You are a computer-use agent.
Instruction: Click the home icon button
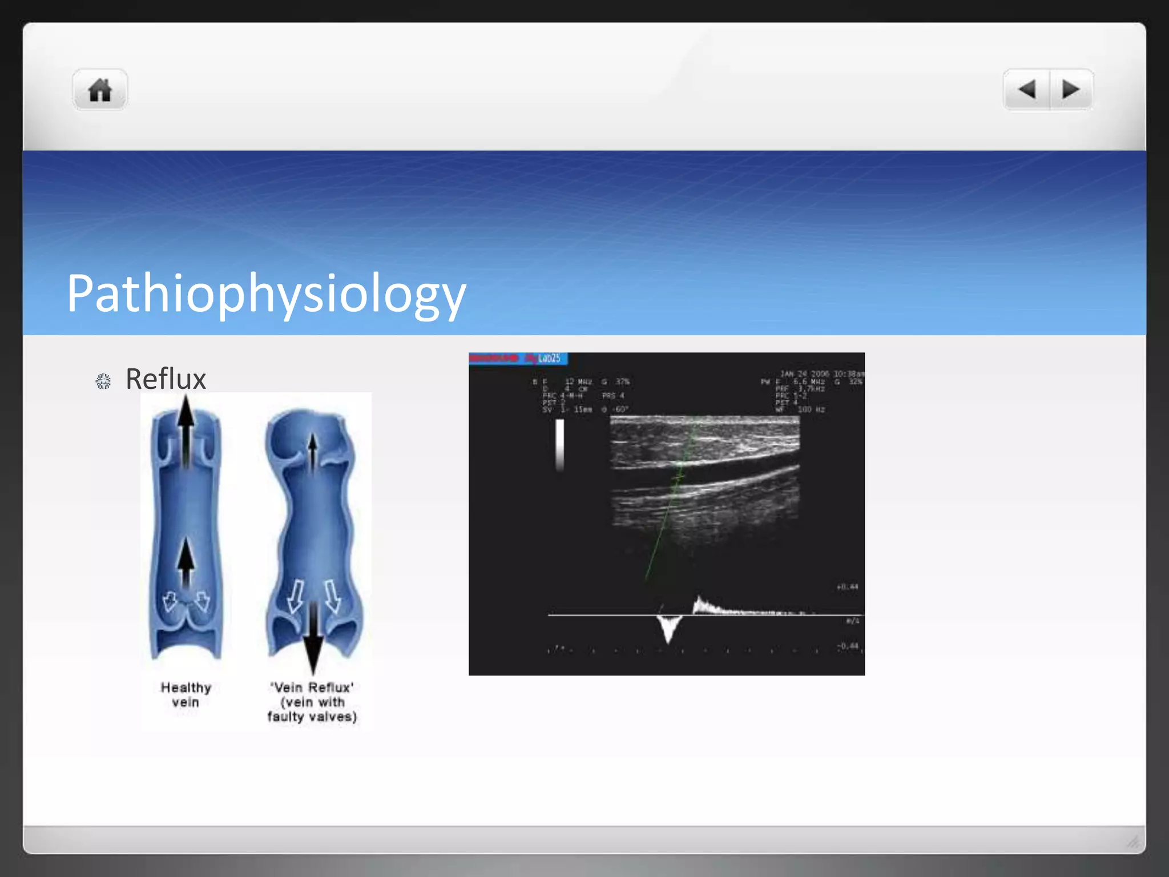pos(100,90)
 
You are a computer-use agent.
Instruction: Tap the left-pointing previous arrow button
pos(1027,90)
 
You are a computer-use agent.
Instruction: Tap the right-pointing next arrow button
pos(1071,90)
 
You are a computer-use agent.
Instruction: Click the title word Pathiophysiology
pos(266,293)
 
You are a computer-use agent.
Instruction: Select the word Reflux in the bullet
pos(166,379)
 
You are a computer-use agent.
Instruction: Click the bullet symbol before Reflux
pos(103,381)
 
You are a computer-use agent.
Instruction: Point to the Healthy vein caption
pos(186,694)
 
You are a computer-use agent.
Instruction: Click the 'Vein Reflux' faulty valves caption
pos(312,702)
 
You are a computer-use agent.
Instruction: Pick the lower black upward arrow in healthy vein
pos(186,562)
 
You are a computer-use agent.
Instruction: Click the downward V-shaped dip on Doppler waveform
pos(668,628)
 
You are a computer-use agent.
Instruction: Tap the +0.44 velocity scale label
pos(847,587)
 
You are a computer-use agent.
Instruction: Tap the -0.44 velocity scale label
pos(847,646)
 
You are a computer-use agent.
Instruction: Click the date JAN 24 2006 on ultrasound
pos(805,374)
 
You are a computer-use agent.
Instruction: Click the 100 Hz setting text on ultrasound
pos(811,409)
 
